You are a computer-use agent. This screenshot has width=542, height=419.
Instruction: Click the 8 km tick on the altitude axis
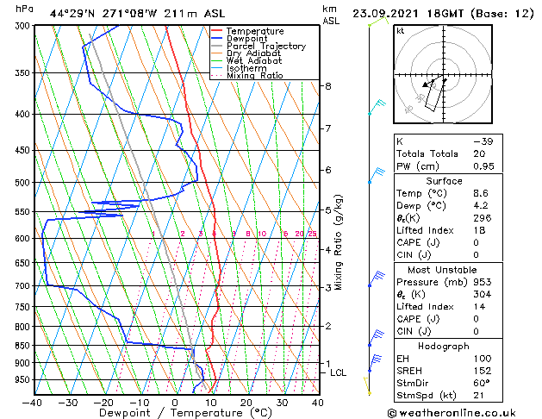(x=328, y=86)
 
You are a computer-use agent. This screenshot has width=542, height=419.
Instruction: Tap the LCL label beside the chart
(x=338, y=372)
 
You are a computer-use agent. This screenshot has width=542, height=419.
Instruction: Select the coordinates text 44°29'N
(x=72, y=13)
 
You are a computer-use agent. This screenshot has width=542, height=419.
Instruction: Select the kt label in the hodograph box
(x=401, y=31)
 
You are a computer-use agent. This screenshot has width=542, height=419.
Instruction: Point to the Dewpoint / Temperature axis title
(x=174, y=414)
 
